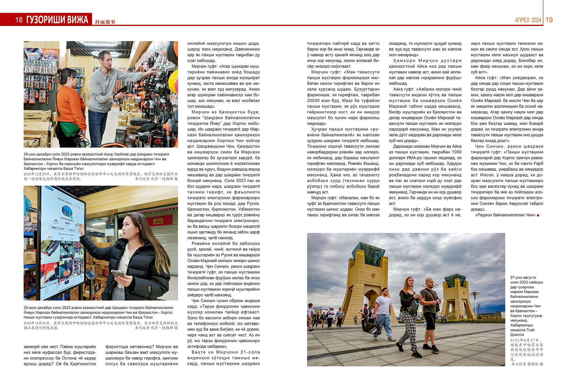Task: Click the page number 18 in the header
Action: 19,20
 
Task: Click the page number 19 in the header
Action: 549,20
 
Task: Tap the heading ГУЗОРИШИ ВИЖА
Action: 57,20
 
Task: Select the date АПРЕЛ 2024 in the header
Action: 528,20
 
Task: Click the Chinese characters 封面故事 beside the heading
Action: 105,22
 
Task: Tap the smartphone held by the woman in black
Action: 118,274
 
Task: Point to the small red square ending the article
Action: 538,215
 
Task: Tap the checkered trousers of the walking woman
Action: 409,325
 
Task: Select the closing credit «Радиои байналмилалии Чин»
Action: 505,215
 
